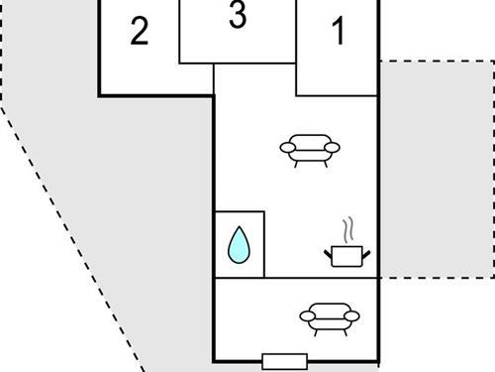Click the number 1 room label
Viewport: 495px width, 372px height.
tap(339, 34)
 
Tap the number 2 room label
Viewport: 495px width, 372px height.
tap(140, 33)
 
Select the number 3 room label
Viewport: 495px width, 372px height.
tap(237, 17)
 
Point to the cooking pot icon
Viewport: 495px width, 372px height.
tap(346, 255)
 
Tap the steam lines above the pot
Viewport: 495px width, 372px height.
tap(346, 231)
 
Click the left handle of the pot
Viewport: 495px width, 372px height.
tap(328, 254)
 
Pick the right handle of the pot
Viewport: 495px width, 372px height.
tap(365, 254)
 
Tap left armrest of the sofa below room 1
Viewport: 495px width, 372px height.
tap(287, 148)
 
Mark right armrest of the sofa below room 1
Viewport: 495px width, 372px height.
tap(333, 148)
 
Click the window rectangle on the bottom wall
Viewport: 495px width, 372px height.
tap(284, 361)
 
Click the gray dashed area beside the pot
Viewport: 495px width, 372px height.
tap(436, 169)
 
